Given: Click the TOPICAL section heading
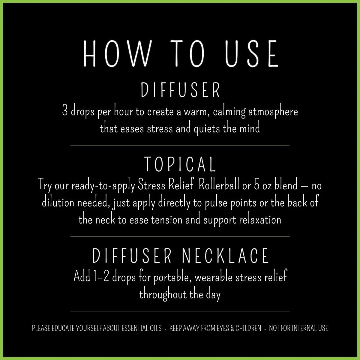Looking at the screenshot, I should coord(180,164).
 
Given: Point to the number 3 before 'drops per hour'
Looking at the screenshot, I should coord(64,112).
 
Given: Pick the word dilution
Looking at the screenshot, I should coord(58,203).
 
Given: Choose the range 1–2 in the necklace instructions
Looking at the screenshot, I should coord(102,277).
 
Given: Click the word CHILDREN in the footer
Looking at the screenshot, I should coord(248,328).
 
